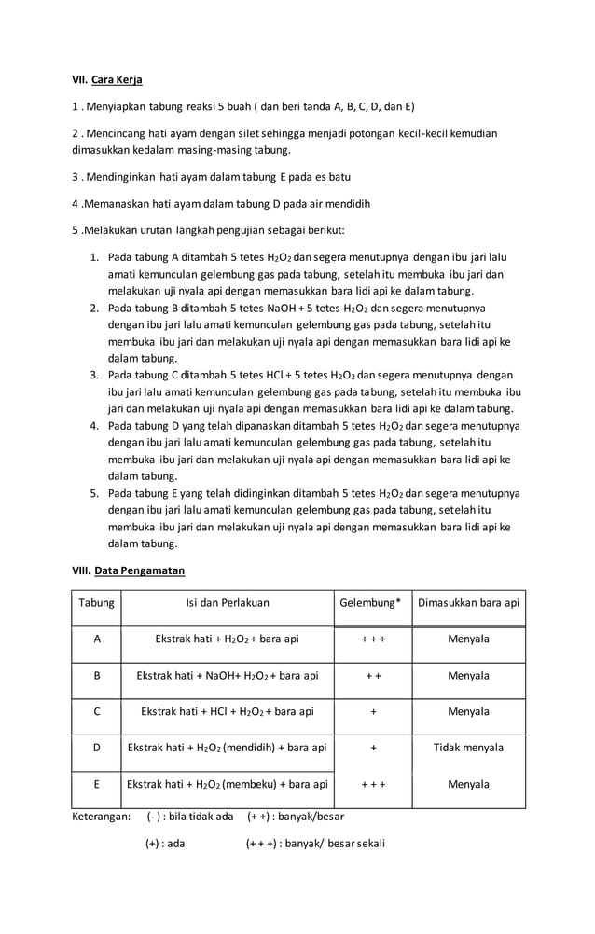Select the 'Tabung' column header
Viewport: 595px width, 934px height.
click(x=96, y=603)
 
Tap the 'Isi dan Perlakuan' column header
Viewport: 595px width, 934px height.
click(x=228, y=603)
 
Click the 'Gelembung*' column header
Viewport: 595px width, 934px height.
click(x=373, y=603)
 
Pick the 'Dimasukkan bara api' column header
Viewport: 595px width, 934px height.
click(x=468, y=603)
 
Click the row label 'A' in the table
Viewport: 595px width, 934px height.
click(x=96, y=639)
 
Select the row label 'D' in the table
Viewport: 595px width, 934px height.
click(x=96, y=748)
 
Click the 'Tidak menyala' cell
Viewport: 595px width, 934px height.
click(x=468, y=748)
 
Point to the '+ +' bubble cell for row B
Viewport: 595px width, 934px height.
click(x=373, y=676)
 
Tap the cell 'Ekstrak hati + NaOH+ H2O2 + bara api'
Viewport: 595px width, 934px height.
click(x=228, y=676)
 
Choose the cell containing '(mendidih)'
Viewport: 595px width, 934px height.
click(x=228, y=748)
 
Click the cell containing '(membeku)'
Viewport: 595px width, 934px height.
click(x=228, y=784)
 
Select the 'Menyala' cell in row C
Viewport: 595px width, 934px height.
click(x=468, y=712)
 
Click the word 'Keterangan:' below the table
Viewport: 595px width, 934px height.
click(x=101, y=817)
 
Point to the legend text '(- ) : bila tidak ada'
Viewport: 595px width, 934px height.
click(x=190, y=817)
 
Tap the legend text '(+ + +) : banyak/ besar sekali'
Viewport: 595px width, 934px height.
click(x=314, y=845)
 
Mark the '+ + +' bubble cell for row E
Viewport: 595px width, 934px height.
click(x=373, y=784)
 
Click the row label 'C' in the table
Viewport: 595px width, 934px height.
click(x=96, y=712)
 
